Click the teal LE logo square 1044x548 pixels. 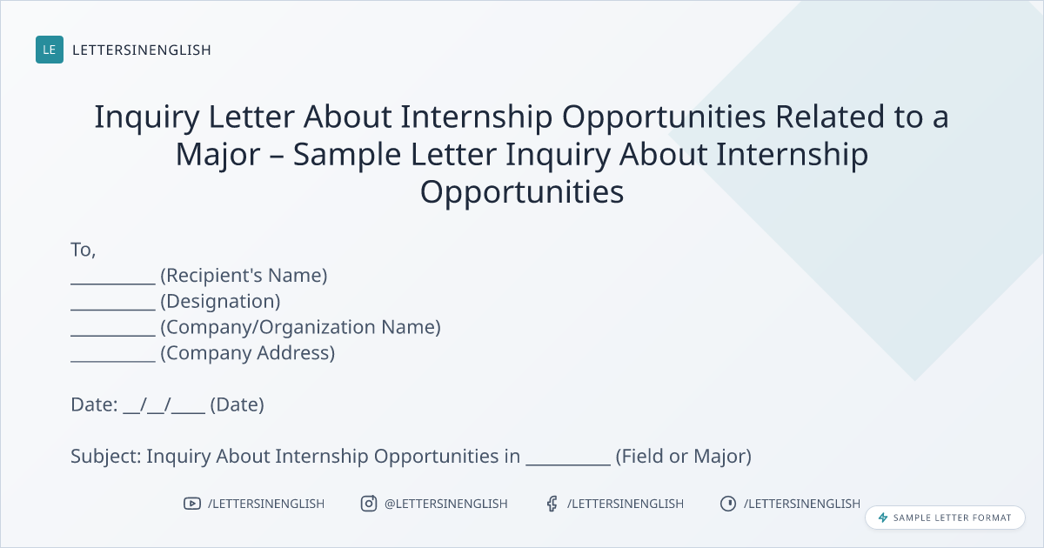tap(50, 50)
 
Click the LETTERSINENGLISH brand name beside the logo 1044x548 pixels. tap(142, 50)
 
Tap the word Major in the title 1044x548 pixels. tap(217, 155)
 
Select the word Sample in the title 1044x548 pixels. tap(347, 155)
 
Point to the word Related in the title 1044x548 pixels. tap(830, 117)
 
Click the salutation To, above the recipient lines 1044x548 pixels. tap(83, 250)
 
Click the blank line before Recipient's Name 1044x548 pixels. tap(113, 283)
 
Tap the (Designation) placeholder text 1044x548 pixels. tap(220, 302)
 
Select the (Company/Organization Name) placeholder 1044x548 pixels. tap(301, 327)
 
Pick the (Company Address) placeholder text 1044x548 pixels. tap(247, 353)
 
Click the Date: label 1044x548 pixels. tap(94, 404)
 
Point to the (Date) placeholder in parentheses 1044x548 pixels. tap(237, 404)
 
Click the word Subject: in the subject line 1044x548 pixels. tap(106, 456)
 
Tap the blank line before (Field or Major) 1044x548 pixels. tap(568, 464)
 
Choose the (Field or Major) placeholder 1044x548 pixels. tap(684, 456)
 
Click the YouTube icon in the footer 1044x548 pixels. tap(192, 504)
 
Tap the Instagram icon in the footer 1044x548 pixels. tap(369, 504)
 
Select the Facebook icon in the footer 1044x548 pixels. tap(552, 504)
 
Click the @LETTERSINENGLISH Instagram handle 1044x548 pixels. tap(446, 504)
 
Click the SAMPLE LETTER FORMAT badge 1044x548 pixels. tap(945, 518)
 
